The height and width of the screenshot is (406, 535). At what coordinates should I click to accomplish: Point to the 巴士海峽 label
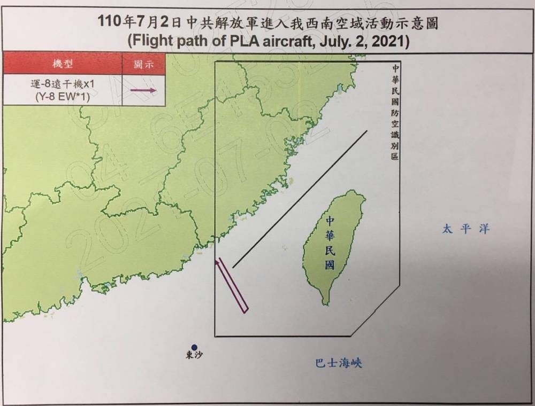tap(339, 364)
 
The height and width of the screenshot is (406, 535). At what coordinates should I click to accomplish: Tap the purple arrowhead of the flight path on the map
tap(217, 262)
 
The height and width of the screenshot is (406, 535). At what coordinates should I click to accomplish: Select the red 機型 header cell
tap(62, 64)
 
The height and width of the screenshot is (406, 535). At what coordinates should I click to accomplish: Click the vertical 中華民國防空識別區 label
tap(395, 112)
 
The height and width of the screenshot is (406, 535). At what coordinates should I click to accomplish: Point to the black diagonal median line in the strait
tap(300, 198)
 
